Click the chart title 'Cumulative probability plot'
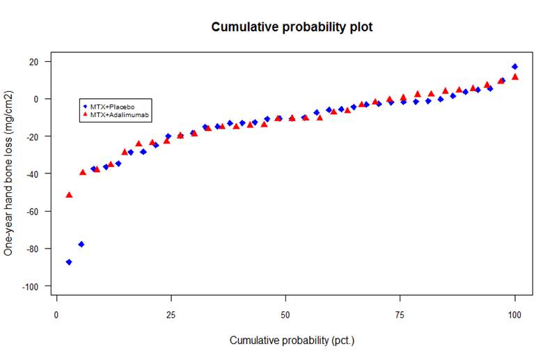pos(292,28)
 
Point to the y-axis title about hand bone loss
pos(9,173)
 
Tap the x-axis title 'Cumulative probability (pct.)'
pos(292,341)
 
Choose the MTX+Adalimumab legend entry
pos(116,114)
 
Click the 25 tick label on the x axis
pos(171,315)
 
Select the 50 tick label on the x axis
pos(286,315)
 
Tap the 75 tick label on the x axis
pos(400,315)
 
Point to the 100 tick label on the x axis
pos(515,315)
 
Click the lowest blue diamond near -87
pos(69,262)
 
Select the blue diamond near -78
pos(81,244)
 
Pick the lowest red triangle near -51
pos(69,195)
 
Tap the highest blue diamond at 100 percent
pos(515,66)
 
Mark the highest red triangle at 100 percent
pos(515,77)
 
